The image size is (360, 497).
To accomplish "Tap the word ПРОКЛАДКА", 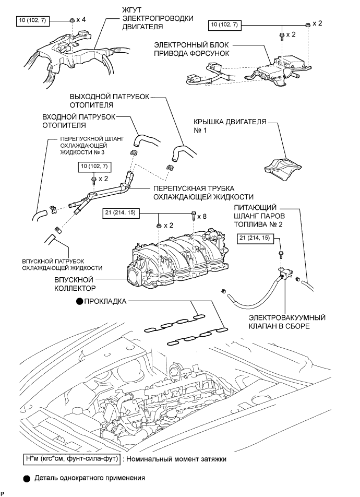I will point(105,301).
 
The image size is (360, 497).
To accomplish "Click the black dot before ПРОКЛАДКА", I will point(79,301).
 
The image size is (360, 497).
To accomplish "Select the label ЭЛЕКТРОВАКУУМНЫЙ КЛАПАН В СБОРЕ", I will point(287,322).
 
